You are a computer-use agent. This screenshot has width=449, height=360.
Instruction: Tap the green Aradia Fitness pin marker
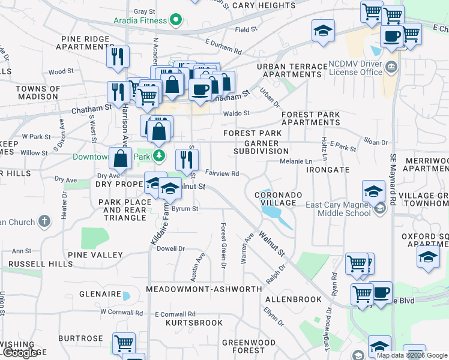click(x=175, y=20)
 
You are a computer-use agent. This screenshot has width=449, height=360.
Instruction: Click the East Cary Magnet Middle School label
click(x=338, y=209)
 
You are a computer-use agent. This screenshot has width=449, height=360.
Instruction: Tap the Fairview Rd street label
click(x=223, y=173)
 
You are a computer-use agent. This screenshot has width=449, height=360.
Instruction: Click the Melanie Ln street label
click(x=297, y=161)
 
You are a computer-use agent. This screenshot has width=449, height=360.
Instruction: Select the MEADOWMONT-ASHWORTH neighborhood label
click(x=204, y=289)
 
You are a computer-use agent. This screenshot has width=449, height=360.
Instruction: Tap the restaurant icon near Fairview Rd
click(x=187, y=160)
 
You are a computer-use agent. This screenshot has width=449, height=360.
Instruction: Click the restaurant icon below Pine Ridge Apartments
click(x=117, y=56)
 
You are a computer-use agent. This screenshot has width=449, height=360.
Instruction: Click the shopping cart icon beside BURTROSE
click(x=124, y=344)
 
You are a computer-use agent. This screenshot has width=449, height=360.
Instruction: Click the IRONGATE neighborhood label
click(x=327, y=170)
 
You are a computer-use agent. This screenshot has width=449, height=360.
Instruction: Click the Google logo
click(x=20, y=353)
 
